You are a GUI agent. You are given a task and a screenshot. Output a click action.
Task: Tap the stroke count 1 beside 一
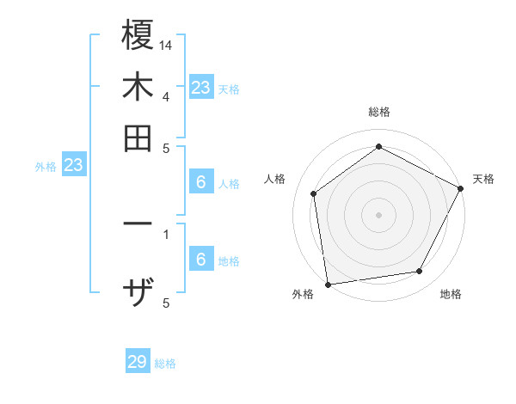(166, 233)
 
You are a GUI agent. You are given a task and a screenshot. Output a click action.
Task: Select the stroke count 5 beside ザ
(166, 302)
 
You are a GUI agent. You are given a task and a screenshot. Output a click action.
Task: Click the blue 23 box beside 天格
(200, 87)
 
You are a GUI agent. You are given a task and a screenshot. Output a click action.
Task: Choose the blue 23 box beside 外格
(73, 165)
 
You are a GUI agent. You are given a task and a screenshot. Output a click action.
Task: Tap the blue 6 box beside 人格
(200, 182)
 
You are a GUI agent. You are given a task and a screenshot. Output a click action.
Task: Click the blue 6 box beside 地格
(200, 260)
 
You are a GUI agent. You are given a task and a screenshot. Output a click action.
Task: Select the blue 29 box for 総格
(138, 362)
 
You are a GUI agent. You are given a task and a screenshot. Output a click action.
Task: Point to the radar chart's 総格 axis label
(379, 113)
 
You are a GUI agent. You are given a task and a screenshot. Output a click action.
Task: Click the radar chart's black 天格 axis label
(483, 179)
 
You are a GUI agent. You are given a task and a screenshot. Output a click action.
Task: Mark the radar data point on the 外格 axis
(328, 284)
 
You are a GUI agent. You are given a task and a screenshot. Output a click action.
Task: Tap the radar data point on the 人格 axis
(314, 193)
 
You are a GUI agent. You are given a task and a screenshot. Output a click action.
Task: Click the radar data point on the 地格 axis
(420, 272)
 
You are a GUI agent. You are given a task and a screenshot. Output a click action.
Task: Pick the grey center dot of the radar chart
(379, 214)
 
